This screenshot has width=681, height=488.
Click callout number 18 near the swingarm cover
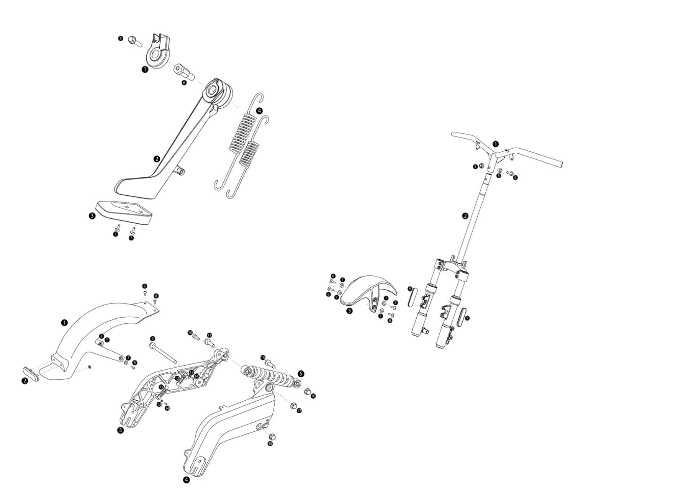(270, 443)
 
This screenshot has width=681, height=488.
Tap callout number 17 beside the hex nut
(299, 411)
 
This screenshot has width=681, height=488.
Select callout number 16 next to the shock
(313, 396)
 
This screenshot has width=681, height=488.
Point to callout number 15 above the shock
(263, 357)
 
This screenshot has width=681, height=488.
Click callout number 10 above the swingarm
(190, 332)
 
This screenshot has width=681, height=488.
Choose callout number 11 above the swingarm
(209, 335)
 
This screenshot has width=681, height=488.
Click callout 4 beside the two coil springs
(259, 111)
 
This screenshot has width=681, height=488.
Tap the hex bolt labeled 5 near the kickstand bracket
(132, 39)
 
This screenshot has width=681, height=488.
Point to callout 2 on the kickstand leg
(156, 159)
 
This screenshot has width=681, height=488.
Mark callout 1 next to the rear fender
(64, 323)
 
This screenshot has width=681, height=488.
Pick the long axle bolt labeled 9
(163, 352)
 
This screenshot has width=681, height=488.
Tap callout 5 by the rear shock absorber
(301, 373)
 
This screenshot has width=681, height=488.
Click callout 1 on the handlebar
(496, 144)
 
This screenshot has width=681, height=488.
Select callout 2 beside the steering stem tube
(465, 216)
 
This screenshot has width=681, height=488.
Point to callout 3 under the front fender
(349, 311)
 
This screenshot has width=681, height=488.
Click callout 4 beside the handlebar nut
(475, 167)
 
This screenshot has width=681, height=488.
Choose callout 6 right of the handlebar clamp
(515, 177)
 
